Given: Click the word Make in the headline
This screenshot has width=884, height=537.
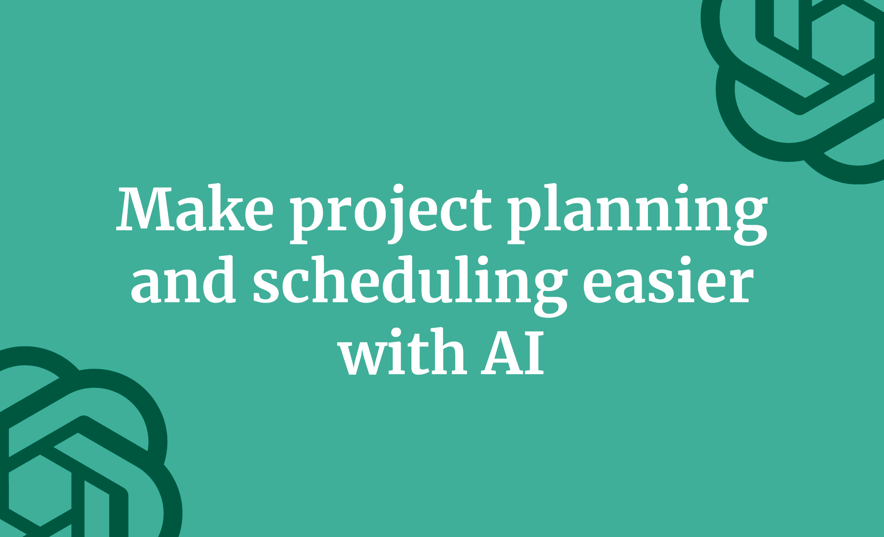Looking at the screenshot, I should (195, 209).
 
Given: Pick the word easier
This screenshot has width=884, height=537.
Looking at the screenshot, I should (668, 282).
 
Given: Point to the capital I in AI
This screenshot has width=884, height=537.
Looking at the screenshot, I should (534, 353).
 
